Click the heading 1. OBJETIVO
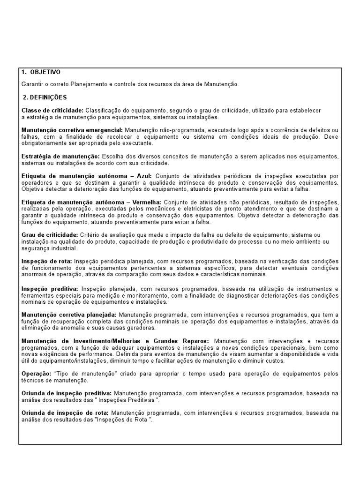(41, 72)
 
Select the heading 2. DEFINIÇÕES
(45, 97)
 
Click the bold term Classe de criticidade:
(52, 110)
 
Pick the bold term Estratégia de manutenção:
(60, 156)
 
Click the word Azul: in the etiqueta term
(142, 175)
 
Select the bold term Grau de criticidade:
(50, 234)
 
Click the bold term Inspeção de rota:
(47, 261)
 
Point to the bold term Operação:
(37, 374)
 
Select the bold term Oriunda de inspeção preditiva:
(67, 393)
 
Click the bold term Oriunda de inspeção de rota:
(65, 412)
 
